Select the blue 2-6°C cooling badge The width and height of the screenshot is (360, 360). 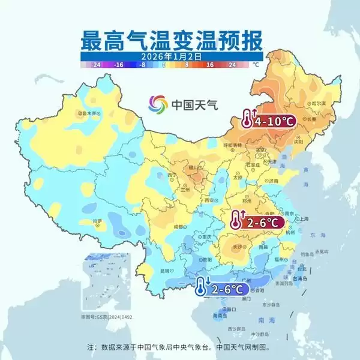tap(221, 289)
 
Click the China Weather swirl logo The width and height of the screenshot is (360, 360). tap(158, 104)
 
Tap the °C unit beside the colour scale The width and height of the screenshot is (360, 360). tap(256, 64)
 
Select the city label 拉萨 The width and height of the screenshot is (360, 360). tap(97, 221)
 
